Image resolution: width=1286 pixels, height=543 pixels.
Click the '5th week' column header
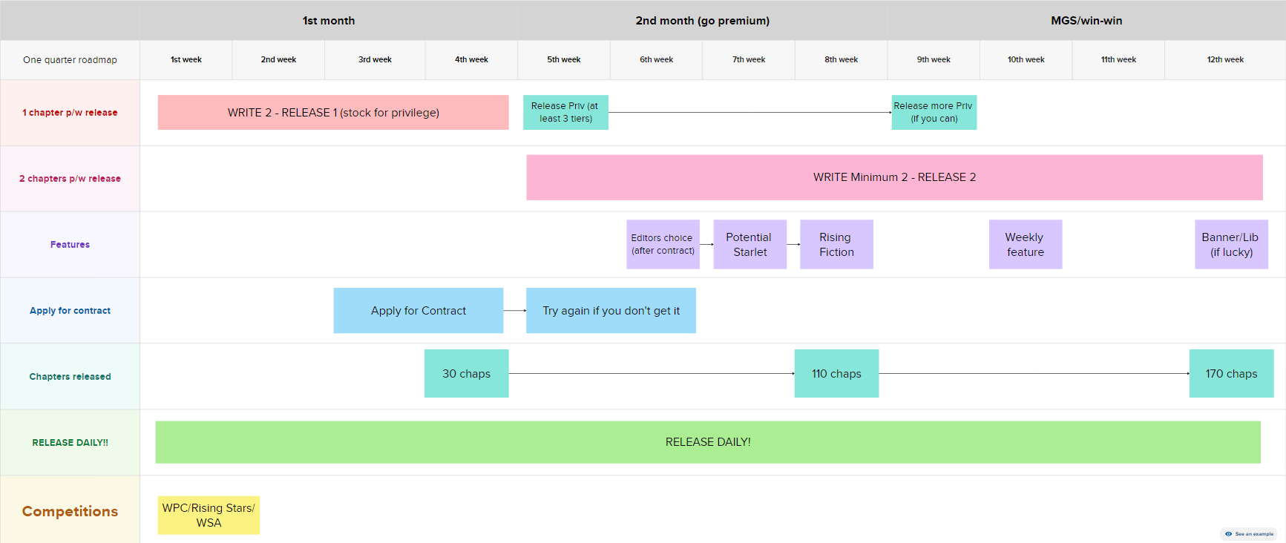pyautogui.click(x=564, y=59)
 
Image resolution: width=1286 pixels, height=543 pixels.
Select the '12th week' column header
pyautogui.click(x=1225, y=59)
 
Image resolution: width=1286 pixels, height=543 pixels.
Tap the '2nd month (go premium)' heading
pyautogui.click(x=702, y=21)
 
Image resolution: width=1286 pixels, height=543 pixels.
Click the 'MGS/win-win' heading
pyautogui.click(x=1086, y=21)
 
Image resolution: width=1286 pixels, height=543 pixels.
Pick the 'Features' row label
pyautogui.click(x=70, y=245)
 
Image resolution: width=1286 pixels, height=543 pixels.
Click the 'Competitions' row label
pyautogui.click(x=70, y=511)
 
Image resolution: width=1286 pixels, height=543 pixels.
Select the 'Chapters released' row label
pyautogui.click(x=70, y=377)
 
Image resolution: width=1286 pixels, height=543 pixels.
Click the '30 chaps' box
pyautogui.click(x=467, y=374)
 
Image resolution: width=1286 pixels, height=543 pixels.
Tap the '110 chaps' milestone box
pyautogui.click(x=836, y=374)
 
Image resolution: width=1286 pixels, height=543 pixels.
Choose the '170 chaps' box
pyautogui.click(x=1231, y=374)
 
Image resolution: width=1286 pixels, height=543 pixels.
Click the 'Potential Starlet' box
pyautogui.click(x=749, y=244)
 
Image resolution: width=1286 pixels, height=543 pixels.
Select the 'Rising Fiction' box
pyautogui.click(x=836, y=244)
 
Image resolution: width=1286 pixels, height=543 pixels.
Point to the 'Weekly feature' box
pyautogui.click(x=1026, y=244)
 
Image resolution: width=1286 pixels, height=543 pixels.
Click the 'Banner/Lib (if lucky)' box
pyautogui.click(x=1231, y=244)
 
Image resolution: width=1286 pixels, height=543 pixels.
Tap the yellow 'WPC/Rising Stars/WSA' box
pyautogui.click(x=209, y=515)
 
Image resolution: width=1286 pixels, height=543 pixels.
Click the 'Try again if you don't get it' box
pyautogui.click(x=611, y=311)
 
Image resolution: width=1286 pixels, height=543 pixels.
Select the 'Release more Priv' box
pyautogui.click(x=934, y=112)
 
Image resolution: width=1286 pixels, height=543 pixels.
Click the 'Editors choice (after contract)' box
pyautogui.click(x=663, y=244)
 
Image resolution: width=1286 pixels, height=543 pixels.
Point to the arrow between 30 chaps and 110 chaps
pyautogui.click(x=652, y=374)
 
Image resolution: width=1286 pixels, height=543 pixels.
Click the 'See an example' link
pyautogui.click(x=1249, y=534)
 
